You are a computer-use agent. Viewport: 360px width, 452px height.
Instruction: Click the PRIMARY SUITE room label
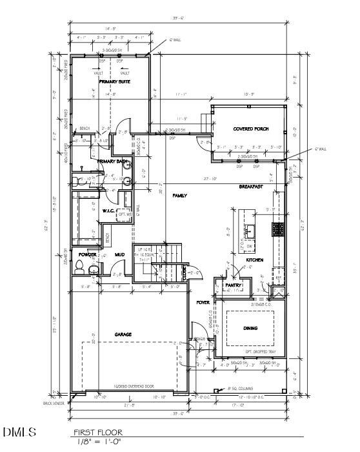tap(115, 82)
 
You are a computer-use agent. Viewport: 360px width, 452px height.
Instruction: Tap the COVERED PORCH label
tap(250, 129)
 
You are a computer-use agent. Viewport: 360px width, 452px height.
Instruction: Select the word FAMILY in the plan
tap(179, 195)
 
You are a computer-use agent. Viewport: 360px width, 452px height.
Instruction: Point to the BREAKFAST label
tap(250, 187)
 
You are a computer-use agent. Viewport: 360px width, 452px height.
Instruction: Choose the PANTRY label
tap(232, 285)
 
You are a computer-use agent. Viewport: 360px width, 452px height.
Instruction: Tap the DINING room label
tap(250, 328)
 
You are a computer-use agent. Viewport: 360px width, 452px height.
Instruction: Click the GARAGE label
tap(123, 334)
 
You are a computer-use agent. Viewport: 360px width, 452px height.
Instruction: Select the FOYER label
tap(203, 302)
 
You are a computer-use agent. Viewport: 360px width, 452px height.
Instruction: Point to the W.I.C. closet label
tap(108, 211)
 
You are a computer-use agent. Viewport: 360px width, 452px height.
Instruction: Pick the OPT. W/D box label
tap(125, 214)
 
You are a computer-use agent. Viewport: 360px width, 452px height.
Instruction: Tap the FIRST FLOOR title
tap(97, 433)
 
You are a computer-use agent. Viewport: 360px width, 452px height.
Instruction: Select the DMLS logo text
tap(19, 432)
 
